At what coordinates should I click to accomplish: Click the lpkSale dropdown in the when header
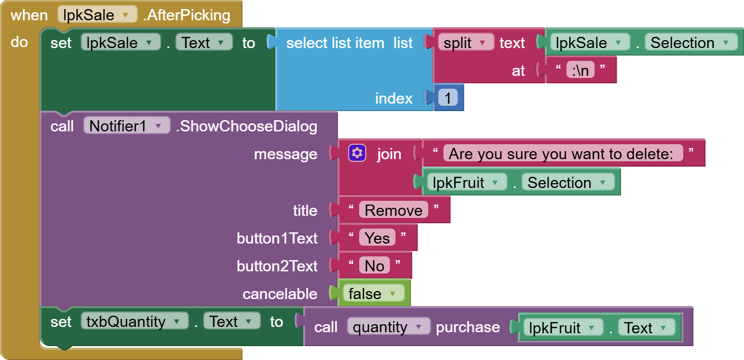coord(97,14)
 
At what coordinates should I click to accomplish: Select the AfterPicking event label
coord(187,15)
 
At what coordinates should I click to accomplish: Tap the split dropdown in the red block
coord(466,43)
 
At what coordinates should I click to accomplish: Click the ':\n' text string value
coord(580,71)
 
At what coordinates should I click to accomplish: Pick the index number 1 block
coord(448,98)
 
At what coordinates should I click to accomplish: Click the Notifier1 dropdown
coord(127,126)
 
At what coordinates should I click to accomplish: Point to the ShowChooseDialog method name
coord(246,127)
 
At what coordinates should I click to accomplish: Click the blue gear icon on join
coord(357,153)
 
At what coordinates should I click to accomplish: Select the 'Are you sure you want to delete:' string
coord(563,154)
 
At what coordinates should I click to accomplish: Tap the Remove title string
coord(393,210)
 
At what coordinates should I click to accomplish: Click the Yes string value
coord(377,238)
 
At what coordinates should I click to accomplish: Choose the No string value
coord(374,266)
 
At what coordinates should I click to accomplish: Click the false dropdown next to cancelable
coord(373,294)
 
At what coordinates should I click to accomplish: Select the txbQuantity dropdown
coord(135,321)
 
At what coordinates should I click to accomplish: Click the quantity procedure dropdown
coord(388,327)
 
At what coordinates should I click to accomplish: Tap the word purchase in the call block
coord(468,327)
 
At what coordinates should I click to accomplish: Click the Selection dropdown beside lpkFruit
coord(568,183)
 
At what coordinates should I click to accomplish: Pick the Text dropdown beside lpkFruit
coord(646,328)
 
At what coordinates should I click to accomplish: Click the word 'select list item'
coord(335,43)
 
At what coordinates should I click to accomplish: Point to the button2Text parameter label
coord(277,266)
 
